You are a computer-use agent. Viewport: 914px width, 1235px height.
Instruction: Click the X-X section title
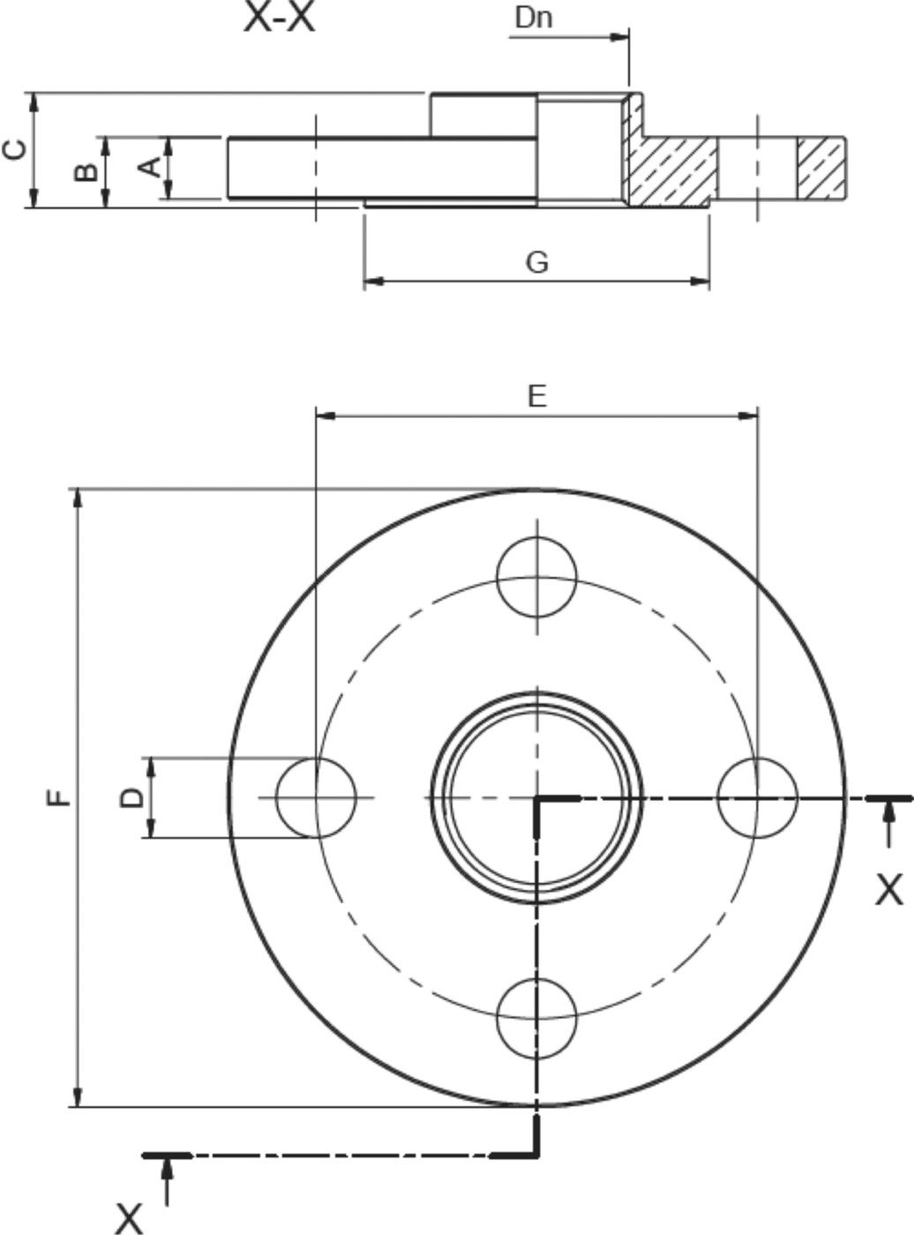click(x=279, y=18)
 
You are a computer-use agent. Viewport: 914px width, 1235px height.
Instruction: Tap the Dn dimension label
click(x=534, y=17)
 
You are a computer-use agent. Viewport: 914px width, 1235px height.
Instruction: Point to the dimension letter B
click(x=86, y=171)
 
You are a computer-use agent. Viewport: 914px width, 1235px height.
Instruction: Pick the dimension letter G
click(x=536, y=262)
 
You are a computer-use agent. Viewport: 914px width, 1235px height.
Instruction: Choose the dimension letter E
click(x=536, y=396)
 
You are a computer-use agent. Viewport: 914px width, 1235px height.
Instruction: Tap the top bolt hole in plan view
click(x=536, y=578)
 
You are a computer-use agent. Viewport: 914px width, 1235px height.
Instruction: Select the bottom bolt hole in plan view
click(x=536, y=1018)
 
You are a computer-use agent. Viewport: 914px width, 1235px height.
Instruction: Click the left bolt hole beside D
click(x=316, y=797)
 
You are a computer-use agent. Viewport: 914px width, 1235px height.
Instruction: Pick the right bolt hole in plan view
click(x=757, y=797)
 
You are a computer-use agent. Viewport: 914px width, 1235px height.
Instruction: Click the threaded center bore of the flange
click(x=536, y=797)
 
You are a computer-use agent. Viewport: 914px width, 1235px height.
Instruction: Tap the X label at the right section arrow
click(x=889, y=890)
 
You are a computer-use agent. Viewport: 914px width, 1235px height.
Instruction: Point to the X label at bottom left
click(x=129, y=1218)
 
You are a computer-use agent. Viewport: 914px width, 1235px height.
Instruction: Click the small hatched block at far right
click(x=821, y=168)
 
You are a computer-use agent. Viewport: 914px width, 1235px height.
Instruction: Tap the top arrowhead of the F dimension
click(x=79, y=497)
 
